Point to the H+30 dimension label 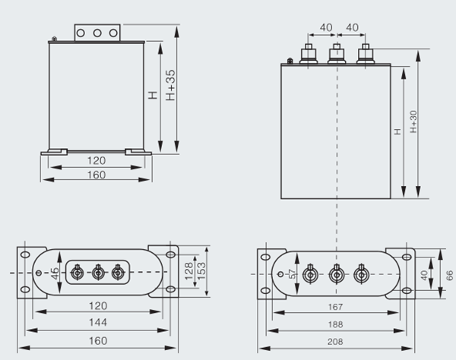(413, 122)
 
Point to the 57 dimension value (291, 273)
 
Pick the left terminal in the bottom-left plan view (77, 271)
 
